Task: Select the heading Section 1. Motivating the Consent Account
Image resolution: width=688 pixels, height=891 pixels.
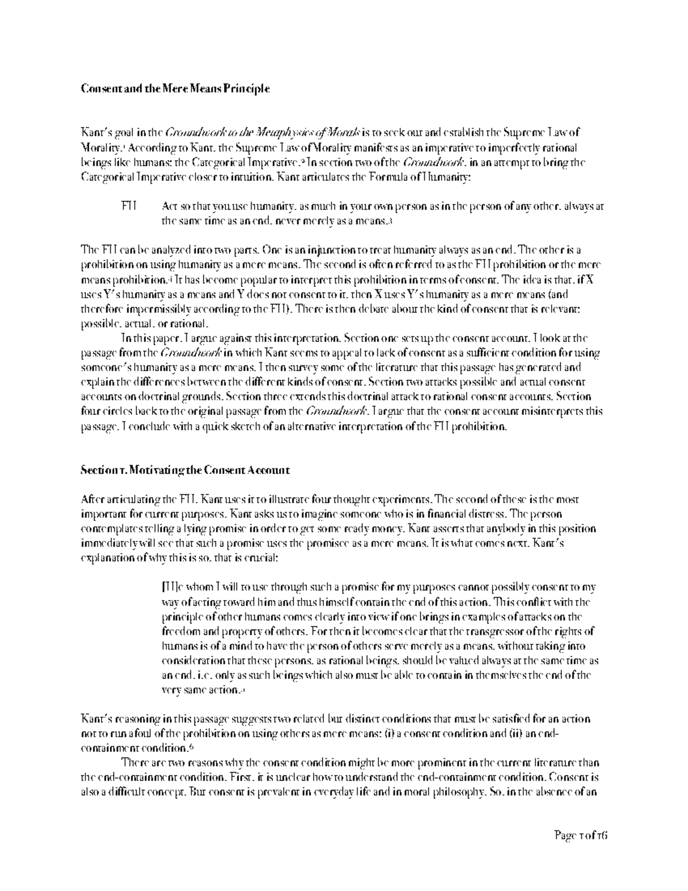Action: (x=185, y=470)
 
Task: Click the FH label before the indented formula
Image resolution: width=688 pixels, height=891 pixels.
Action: (x=128, y=206)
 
